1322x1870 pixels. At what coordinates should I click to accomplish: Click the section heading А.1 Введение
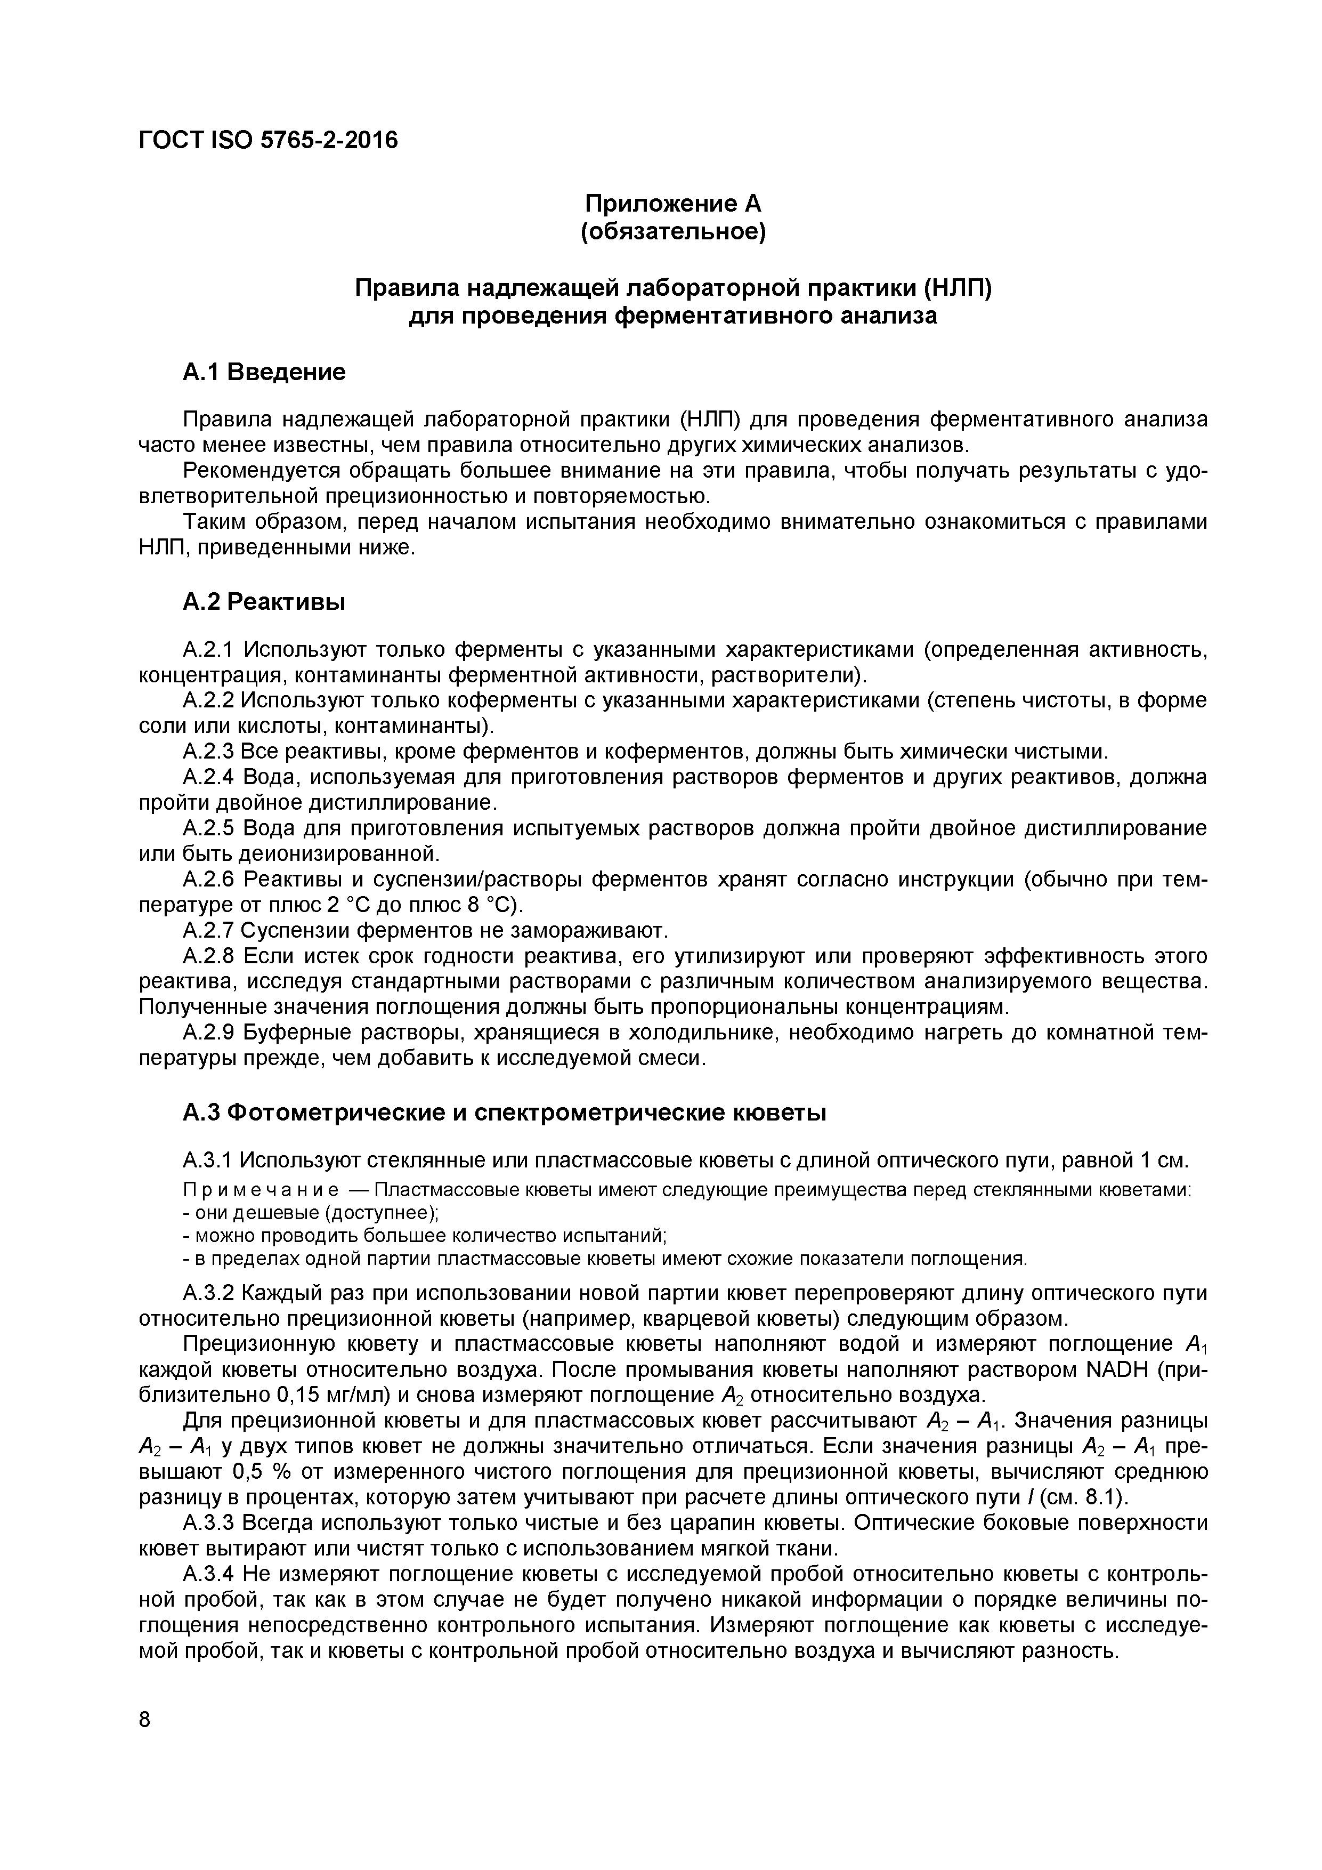coord(264,372)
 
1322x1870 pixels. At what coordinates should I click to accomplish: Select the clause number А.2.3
coord(209,751)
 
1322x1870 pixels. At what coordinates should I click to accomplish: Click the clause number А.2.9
coord(209,1033)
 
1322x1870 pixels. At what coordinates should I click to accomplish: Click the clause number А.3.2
coord(209,1293)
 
